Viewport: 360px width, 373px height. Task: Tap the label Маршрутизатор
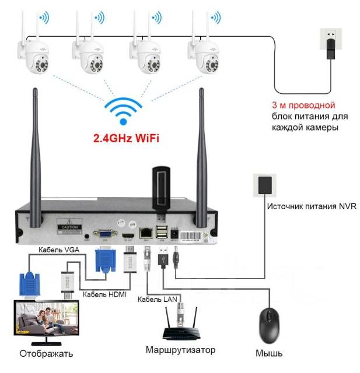[180, 350]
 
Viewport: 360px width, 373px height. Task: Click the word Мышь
[269, 353]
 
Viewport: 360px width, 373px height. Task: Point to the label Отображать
[46, 353]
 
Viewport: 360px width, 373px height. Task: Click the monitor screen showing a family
[43, 319]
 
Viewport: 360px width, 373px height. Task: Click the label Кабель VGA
[60, 249]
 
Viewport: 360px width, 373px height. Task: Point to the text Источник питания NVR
[311, 206]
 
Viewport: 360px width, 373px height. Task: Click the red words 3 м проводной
[303, 105]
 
